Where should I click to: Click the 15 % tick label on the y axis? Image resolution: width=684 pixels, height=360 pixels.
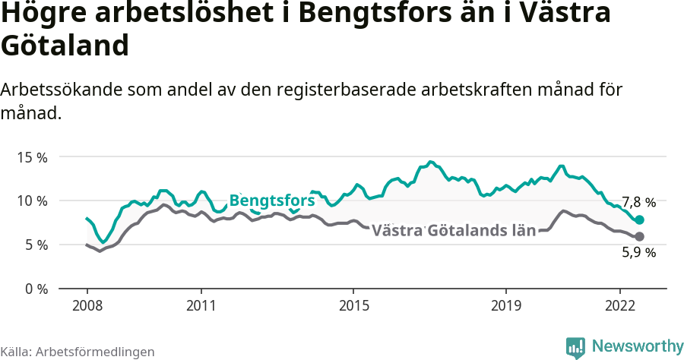click(32, 157)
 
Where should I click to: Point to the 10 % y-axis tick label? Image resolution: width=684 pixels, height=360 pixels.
click(32, 201)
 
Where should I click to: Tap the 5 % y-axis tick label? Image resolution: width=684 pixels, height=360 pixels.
click(35, 245)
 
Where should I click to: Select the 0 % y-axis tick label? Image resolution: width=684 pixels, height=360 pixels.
click(35, 289)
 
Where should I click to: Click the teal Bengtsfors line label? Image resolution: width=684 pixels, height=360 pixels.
click(271, 201)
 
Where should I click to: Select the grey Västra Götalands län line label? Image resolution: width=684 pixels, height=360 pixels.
click(454, 230)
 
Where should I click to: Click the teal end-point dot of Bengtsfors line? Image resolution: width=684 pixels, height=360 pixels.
click(640, 219)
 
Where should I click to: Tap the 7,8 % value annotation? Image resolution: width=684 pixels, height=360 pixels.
click(638, 203)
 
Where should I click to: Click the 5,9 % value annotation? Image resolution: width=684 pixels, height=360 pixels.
click(638, 253)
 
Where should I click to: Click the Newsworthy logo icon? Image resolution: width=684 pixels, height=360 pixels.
click(575, 347)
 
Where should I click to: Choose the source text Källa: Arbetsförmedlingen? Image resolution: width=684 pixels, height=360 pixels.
click(78, 352)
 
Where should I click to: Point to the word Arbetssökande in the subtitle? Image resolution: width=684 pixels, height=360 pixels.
click(57, 90)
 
